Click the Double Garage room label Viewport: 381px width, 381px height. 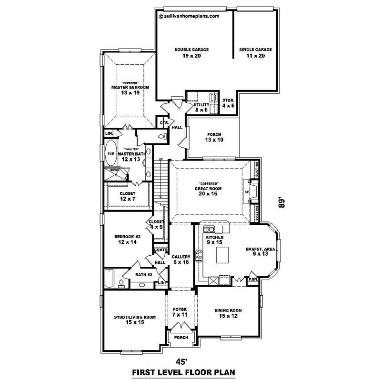[x=191, y=52]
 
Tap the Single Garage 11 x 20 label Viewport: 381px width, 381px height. [x=255, y=52]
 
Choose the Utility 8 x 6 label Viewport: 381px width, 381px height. [x=195, y=107]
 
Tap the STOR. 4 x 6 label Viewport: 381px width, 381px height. [x=229, y=103]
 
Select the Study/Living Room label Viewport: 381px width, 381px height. [x=135, y=320]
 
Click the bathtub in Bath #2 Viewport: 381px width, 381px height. [x=109, y=279]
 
